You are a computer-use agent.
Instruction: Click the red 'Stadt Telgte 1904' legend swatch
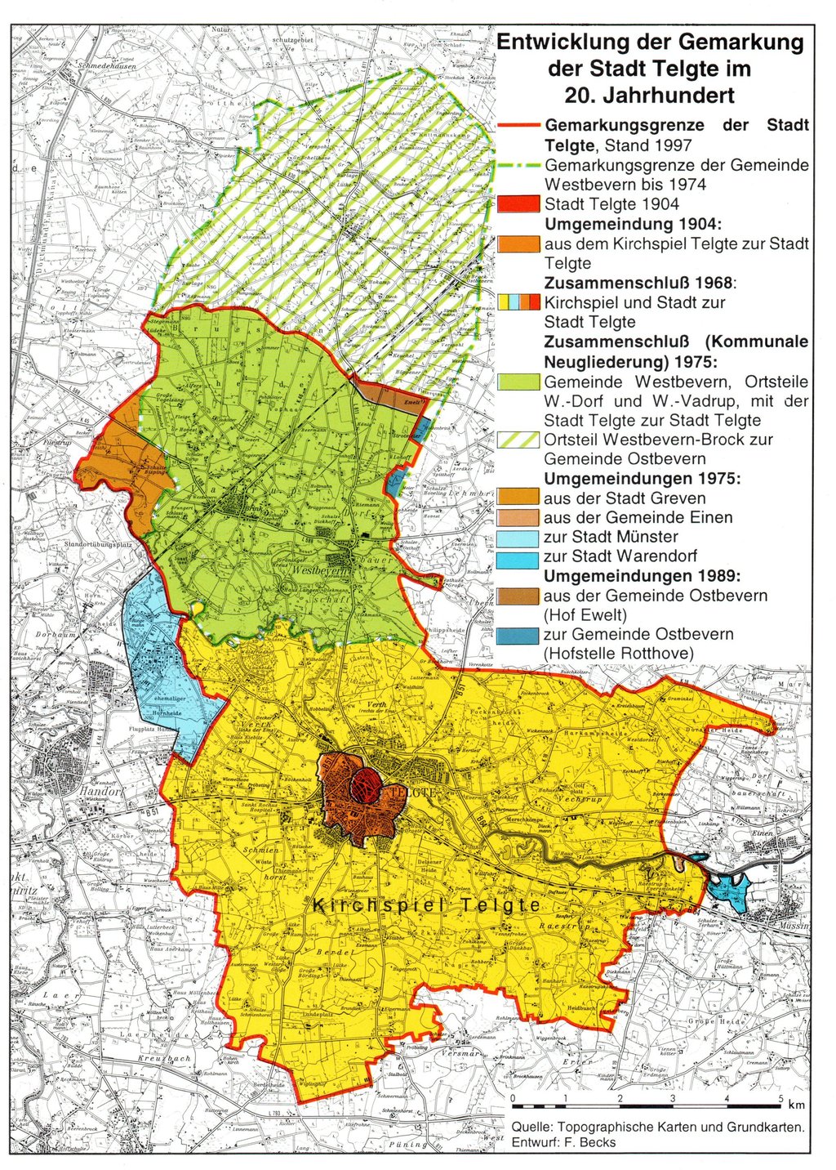click(518, 203)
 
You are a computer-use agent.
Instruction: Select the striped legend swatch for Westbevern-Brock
click(518, 440)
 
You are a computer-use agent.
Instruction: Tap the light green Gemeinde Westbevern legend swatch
click(518, 382)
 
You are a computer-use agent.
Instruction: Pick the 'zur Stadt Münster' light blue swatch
click(518, 537)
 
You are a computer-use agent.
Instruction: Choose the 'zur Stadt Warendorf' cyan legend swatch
click(518, 556)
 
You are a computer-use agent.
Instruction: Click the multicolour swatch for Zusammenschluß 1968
click(518, 302)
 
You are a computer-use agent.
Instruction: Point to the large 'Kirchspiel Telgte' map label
click(427, 905)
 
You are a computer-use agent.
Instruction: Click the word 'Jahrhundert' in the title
click(649, 96)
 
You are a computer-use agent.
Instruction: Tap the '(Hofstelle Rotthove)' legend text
click(618, 654)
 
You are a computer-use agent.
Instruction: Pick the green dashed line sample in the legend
click(518, 165)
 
